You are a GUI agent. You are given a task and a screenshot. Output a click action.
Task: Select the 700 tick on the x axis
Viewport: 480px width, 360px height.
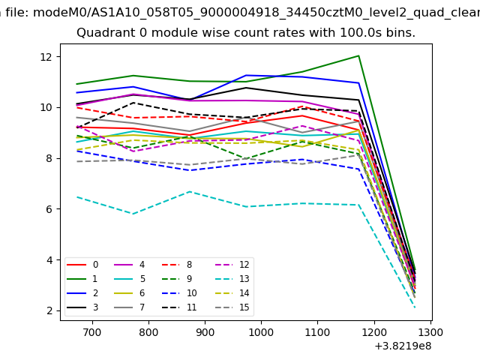coord(91,331)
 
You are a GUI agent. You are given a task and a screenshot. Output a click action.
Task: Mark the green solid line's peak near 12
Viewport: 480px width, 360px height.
coord(358,55)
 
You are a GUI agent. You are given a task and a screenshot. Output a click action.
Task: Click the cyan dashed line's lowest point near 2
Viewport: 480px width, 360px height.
coord(415,307)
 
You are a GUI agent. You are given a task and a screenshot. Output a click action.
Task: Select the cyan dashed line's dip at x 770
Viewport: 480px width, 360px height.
coord(133,214)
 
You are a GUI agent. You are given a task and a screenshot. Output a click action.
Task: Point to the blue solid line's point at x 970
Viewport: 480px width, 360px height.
coord(246,75)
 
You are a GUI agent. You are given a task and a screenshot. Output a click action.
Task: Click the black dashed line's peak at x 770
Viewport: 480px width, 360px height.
coord(133,103)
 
